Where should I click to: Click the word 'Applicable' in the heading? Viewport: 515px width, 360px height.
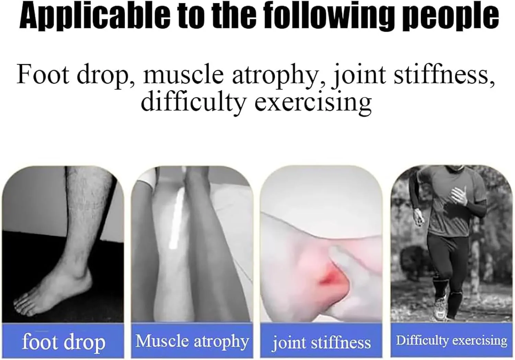[95, 17]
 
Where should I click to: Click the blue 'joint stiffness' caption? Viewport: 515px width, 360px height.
[321, 342]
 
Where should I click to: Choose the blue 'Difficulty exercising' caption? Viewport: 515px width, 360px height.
[451, 340]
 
